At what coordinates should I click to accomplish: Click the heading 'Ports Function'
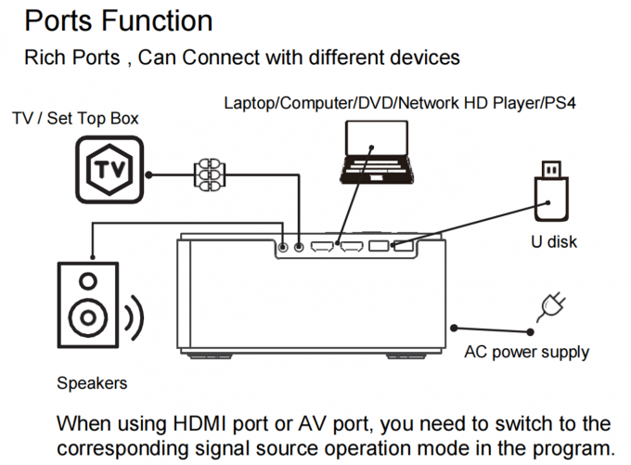[118, 19]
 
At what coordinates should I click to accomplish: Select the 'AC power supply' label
[526, 353]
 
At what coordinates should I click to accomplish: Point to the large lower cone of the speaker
[87, 318]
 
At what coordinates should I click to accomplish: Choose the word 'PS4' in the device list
[560, 102]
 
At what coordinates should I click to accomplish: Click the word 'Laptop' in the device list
[247, 102]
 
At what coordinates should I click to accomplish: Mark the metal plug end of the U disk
[549, 171]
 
